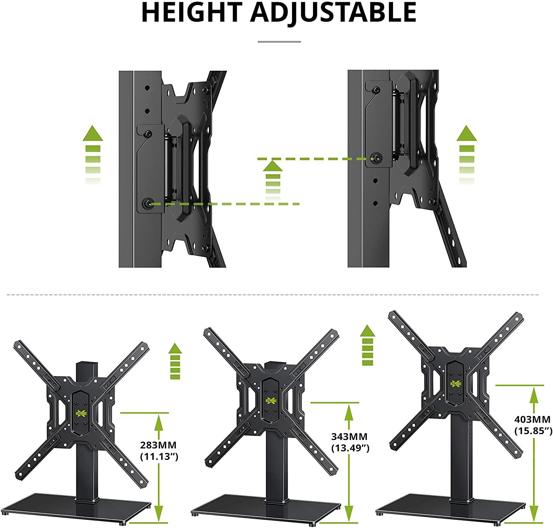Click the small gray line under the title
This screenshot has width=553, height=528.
pos(279,42)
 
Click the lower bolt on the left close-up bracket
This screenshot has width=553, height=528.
pos(147,203)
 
